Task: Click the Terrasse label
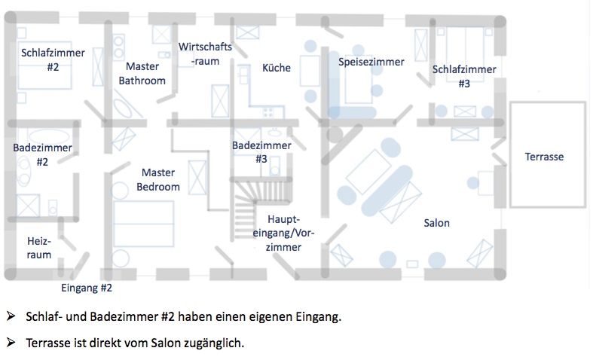click(x=544, y=157)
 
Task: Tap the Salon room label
click(x=437, y=223)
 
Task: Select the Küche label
click(x=277, y=68)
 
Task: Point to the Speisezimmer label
click(x=371, y=62)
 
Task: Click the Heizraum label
click(x=39, y=248)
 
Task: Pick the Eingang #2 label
click(x=87, y=288)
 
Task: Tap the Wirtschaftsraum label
click(x=205, y=53)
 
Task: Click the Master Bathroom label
click(x=142, y=73)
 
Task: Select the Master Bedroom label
click(x=158, y=179)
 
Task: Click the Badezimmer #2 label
click(x=42, y=154)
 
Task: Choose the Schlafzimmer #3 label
click(x=464, y=76)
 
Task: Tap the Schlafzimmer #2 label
click(x=53, y=59)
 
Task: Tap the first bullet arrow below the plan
click(x=11, y=316)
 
